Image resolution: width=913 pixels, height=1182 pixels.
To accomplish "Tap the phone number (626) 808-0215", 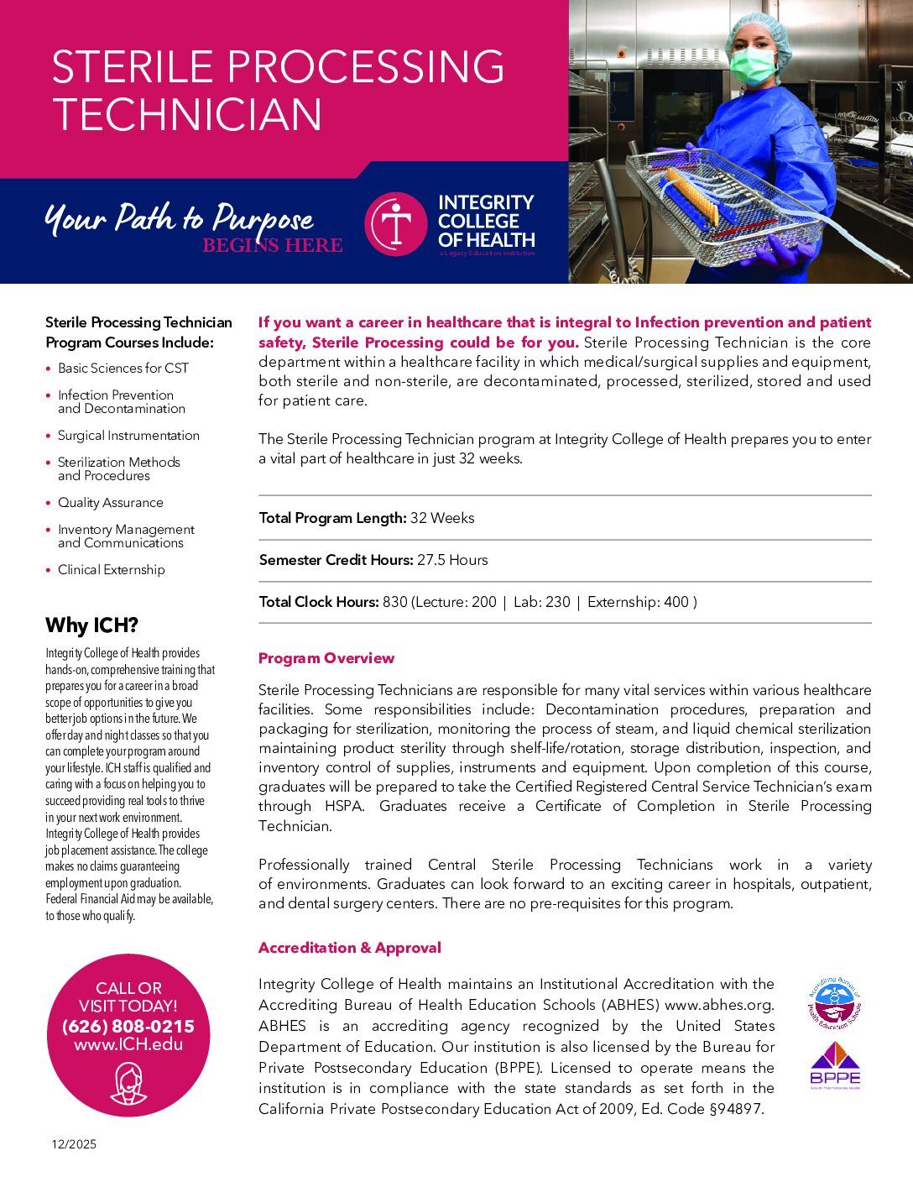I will (x=128, y=1026).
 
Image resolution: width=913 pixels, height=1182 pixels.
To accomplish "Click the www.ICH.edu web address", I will (x=128, y=1045).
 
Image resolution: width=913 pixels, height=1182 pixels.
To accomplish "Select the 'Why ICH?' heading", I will (x=91, y=625).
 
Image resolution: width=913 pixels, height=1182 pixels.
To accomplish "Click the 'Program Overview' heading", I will (x=326, y=658).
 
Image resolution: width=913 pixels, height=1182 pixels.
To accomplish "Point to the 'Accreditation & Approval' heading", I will (x=349, y=948).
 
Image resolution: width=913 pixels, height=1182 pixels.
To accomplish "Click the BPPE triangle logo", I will (x=835, y=1063).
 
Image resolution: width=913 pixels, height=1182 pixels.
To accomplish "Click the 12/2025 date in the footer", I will (x=73, y=1144).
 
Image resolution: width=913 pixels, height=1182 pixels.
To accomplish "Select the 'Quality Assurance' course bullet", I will (x=110, y=503).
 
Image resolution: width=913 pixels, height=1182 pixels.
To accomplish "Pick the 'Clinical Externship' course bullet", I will (x=111, y=570).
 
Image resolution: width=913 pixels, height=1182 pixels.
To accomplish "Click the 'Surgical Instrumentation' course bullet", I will (x=128, y=436).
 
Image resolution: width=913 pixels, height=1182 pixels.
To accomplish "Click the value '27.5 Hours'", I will (x=452, y=560).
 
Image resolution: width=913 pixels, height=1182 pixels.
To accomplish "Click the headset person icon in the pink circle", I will (x=128, y=1083).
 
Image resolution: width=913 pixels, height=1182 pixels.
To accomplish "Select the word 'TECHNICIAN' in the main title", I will (x=187, y=114).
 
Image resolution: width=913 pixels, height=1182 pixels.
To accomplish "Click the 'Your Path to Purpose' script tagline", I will (x=178, y=219).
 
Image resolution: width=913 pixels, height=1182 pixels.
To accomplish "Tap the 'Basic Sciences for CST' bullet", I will (x=123, y=369).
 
